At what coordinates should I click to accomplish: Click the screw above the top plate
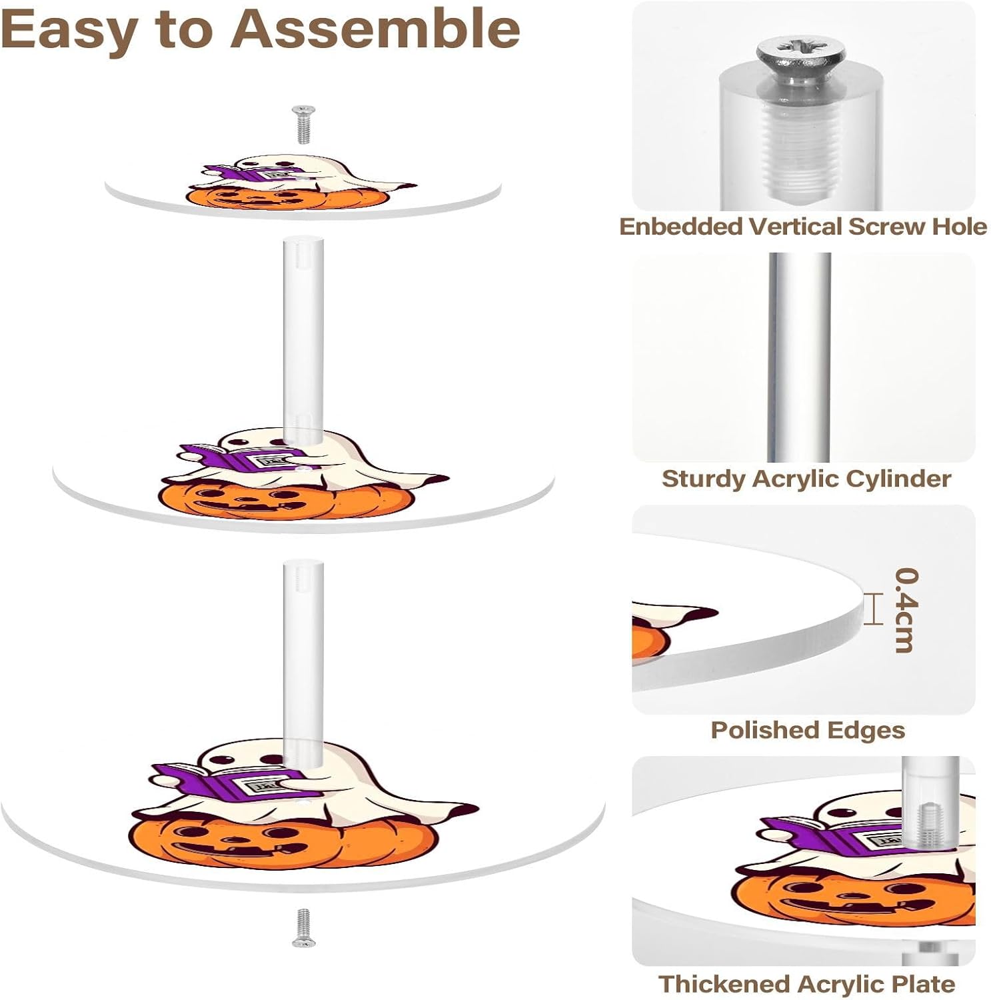(304, 124)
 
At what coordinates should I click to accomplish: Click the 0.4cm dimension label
(906, 609)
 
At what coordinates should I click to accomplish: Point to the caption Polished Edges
(807, 730)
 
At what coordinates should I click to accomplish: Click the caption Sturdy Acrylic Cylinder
(806, 478)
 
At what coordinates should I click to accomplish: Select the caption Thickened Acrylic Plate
(806, 983)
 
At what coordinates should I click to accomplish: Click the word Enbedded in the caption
(680, 227)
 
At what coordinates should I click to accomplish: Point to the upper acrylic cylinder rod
(299, 333)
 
